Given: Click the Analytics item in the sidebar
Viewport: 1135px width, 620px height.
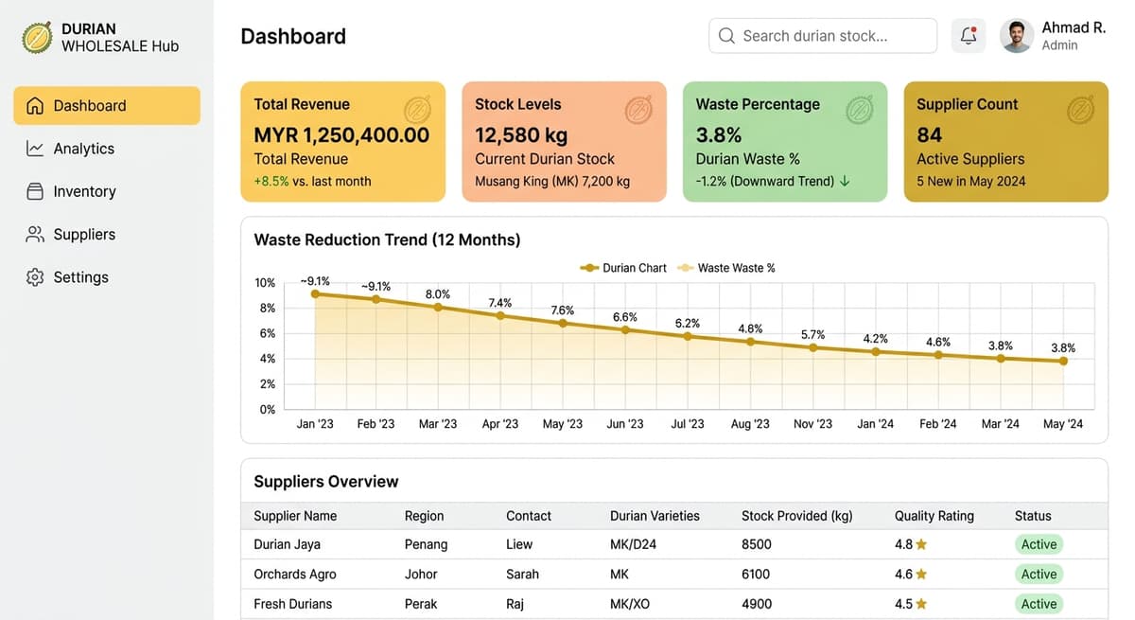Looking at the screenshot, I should tap(83, 149).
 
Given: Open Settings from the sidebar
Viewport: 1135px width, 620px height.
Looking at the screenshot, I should tap(80, 277).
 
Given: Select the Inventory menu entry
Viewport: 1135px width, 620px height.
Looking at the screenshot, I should tap(84, 191).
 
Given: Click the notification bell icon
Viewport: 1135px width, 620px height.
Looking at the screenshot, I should tap(969, 36).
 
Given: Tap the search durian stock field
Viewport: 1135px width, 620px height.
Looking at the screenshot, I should tap(823, 36).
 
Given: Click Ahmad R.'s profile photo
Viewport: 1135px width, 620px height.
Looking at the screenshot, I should tap(1017, 36).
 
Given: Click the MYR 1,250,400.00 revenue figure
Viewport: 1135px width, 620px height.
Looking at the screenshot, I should tap(341, 134).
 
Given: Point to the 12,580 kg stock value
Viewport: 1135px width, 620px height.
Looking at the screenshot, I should tap(521, 134).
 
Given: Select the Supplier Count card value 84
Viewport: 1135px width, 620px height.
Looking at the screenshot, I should tap(930, 134).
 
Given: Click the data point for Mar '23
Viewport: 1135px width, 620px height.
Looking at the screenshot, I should tap(438, 307).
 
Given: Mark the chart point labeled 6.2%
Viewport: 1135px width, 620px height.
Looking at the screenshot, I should tap(688, 336).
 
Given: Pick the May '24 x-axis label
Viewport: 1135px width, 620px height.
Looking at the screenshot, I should tap(1063, 424).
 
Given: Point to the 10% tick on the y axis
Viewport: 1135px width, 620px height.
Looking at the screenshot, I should tap(265, 283).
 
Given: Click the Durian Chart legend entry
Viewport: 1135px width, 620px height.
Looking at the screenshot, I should tap(623, 268).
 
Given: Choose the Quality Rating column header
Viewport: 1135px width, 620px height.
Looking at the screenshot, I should tap(934, 516).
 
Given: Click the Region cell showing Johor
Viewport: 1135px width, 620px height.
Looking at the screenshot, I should tap(421, 575).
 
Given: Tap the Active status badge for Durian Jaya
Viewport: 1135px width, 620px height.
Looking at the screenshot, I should tap(1039, 544).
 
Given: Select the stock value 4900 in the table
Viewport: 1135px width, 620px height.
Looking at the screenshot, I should tap(757, 604).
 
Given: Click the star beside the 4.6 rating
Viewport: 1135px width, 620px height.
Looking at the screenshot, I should tap(921, 575).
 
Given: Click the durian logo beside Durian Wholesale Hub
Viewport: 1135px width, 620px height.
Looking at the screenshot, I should tap(37, 37).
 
